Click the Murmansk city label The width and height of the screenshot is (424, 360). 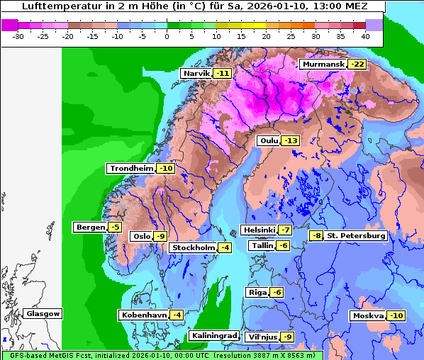tap(323, 64)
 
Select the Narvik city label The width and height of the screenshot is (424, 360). tap(196, 74)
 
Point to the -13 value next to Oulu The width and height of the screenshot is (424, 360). tap(291, 141)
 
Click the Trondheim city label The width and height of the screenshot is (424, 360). tap(131, 169)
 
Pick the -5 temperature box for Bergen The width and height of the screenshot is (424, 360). tap(115, 227)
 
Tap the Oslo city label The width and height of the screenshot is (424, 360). tap(142, 237)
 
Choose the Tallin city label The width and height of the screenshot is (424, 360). tap(262, 245)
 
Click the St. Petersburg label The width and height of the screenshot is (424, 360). tap(356, 235)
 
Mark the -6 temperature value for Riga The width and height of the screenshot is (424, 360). tap(277, 293)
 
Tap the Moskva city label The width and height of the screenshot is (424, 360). tap(368, 316)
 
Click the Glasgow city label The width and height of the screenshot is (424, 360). tap(43, 314)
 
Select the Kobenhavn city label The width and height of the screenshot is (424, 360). tap(143, 315)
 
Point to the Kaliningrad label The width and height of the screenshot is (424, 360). tap(213, 336)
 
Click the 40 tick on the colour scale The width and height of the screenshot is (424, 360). tap(365, 35)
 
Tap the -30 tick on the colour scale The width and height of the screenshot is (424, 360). tap(19, 35)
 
